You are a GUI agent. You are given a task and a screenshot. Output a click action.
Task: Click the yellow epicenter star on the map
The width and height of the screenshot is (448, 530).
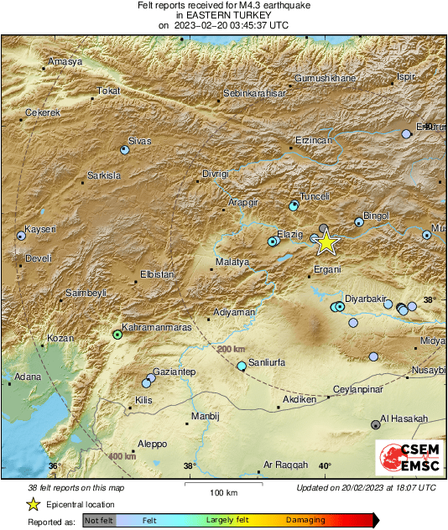point(326,242)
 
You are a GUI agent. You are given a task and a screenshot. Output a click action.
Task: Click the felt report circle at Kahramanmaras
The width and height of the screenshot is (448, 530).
point(118,335)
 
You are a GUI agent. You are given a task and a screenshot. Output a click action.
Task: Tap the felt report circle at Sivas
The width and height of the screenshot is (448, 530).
point(125,150)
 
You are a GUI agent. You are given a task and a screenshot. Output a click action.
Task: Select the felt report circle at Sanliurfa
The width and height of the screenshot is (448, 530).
point(242,366)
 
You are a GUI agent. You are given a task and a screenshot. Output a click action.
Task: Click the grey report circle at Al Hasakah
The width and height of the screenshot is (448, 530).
point(375,425)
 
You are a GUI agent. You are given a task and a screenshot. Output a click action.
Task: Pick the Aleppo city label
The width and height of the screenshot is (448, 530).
point(152,444)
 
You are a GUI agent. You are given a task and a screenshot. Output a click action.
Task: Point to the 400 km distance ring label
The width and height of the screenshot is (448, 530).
point(122,456)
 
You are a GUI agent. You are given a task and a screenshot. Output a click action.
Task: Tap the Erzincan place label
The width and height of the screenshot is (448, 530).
point(315,141)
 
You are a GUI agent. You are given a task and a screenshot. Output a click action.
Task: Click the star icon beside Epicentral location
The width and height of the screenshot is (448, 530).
point(33,504)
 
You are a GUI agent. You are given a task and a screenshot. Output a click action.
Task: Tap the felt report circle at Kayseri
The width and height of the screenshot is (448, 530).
point(21,236)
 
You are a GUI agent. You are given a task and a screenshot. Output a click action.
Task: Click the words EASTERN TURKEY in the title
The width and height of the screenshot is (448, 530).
point(224,15)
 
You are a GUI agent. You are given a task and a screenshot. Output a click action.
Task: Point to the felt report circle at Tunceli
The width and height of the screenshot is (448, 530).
point(294,205)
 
